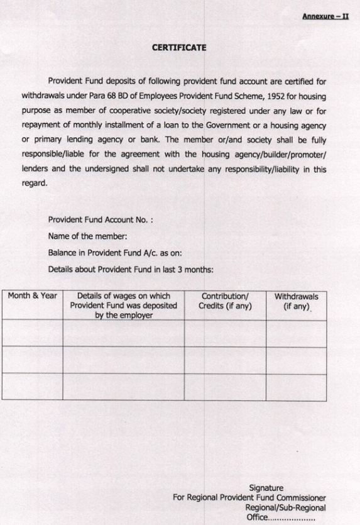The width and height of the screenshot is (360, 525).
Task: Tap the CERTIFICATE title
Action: [179, 47]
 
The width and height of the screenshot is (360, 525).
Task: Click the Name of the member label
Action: [87, 236]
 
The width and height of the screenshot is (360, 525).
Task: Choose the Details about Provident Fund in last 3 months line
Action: [131, 269]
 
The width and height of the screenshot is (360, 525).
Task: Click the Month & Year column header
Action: [32, 296]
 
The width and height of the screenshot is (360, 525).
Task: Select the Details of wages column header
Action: [123, 306]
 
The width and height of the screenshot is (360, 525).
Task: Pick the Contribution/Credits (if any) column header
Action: [225, 301]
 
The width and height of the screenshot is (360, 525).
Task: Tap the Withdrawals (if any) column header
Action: [296, 301]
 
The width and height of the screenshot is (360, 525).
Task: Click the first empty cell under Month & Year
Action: [32, 333]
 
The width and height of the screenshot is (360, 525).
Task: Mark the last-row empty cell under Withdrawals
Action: [296, 387]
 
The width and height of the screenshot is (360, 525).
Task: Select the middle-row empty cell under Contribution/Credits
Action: [225, 360]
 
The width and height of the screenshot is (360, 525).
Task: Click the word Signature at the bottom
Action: [266, 487]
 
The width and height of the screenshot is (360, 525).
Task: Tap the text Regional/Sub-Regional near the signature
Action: [285, 507]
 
